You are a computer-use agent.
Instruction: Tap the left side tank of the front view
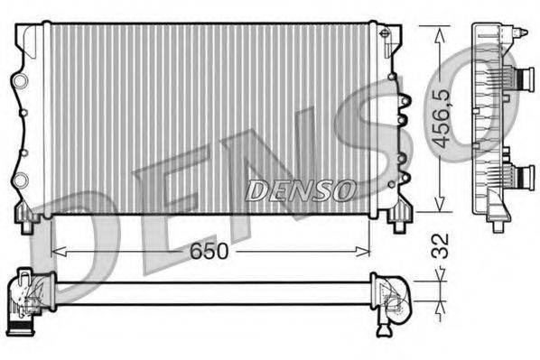coord(32,117)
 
